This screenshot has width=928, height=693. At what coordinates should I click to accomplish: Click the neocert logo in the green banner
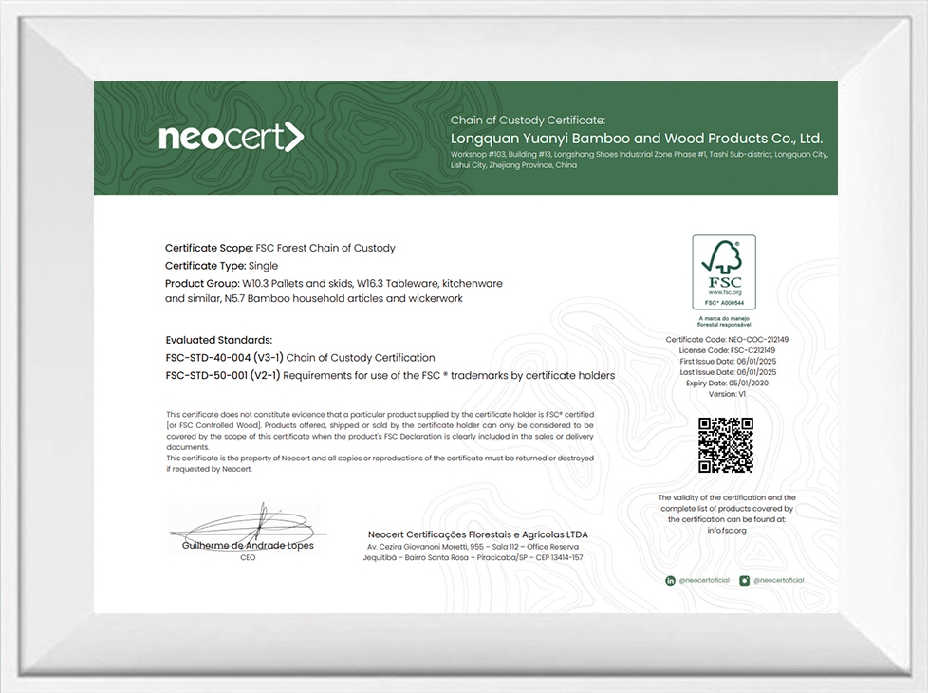point(232,138)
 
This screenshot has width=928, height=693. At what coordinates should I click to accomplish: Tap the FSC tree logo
point(723,271)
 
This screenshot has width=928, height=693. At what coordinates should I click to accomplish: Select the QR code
point(726,444)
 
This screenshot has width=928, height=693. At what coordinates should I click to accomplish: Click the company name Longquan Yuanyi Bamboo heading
point(636,138)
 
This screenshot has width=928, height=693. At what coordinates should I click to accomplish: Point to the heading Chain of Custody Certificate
point(528,121)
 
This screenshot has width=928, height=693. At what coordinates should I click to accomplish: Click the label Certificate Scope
point(209,248)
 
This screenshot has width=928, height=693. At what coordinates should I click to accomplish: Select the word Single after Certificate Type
point(263,266)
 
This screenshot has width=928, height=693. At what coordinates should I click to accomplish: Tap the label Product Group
point(202,283)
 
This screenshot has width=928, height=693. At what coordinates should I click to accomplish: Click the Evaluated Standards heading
point(218,340)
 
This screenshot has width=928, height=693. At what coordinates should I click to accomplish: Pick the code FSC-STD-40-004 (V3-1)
point(224,358)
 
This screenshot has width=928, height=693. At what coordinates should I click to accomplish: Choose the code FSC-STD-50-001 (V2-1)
point(223,375)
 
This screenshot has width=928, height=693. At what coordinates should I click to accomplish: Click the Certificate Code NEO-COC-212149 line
point(727,339)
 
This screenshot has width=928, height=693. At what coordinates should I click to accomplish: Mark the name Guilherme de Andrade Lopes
point(248,546)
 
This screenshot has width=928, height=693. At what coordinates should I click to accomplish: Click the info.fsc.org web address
point(727,530)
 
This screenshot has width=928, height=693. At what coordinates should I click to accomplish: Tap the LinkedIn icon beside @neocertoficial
point(671,580)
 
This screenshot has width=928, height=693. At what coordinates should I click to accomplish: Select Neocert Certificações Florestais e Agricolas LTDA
point(476,534)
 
